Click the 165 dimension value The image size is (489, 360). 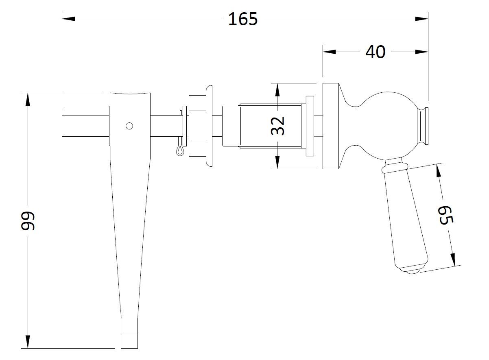243,19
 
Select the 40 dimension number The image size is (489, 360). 375,52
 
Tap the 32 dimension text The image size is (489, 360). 277,126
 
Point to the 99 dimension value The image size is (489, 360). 28,221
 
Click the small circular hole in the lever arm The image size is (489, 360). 129,126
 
